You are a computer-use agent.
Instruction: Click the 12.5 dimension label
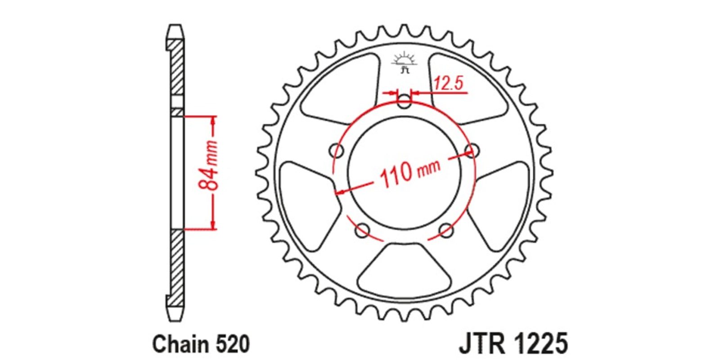pos(449,83)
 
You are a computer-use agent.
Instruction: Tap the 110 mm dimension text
pos(410,174)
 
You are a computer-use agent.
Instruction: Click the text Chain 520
pos(201,344)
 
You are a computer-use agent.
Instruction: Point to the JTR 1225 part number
pos(513,344)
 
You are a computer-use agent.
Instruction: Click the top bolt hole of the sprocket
pos(405,102)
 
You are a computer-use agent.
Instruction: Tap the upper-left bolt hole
pos(337,150)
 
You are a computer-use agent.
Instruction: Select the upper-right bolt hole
pos(472,150)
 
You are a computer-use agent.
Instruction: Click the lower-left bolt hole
pos(362,230)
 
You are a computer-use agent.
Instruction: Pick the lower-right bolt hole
pos(446,230)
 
